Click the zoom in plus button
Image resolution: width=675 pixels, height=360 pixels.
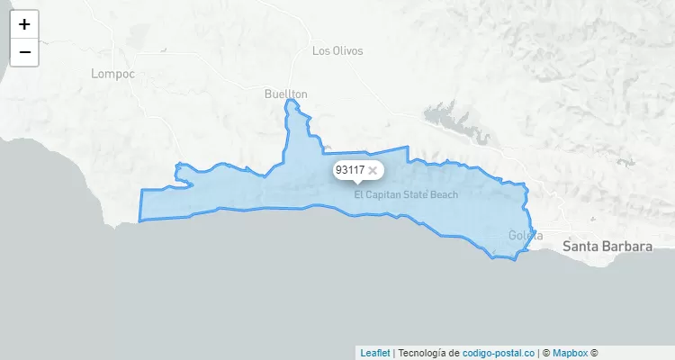click(x=24, y=24)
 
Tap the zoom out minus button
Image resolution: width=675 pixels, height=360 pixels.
click(x=24, y=52)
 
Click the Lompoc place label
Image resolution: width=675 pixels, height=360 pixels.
click(x=112, y=74)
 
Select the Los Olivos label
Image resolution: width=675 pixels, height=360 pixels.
click(x=337, y=51)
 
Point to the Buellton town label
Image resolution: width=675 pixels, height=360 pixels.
click(x=286, y=94)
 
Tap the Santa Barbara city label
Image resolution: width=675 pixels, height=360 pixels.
click(x=607, y=245)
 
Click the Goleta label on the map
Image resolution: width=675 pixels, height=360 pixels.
click(x=526, y=236)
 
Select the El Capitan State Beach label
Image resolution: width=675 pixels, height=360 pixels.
click(x=406, y=194)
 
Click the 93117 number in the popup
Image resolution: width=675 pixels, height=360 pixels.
click(x=349, y=170)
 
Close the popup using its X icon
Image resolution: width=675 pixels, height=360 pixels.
click(x=373, y=170)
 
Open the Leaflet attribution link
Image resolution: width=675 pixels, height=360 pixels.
click(x=375, y=353)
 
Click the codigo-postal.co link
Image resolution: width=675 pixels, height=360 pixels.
click(x=499, y=353)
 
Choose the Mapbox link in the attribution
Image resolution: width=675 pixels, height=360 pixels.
click(x=570, y=353)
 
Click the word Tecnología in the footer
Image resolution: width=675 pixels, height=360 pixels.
click(x=421, y=353)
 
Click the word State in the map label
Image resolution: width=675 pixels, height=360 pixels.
click(x=415, y=194)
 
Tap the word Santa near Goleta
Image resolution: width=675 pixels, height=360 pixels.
click(x=580, y=245)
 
